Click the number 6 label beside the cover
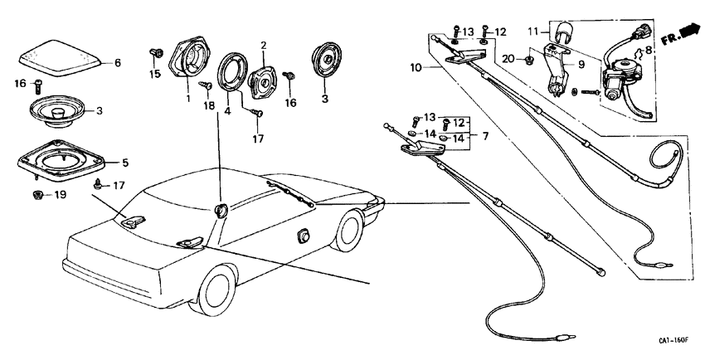coord(117,62)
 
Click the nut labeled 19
coord(36,195)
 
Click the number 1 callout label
coord(188,99)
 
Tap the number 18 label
coord(207,106)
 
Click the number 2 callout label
coord(263,45)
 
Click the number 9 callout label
coord(581,64)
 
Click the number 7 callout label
coord(485,134)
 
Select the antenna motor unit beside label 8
coord(618,84)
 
